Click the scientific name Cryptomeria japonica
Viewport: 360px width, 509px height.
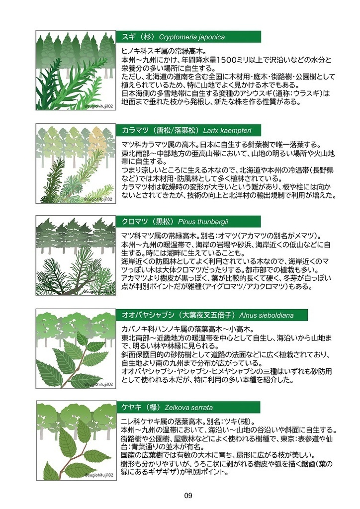[191, 37]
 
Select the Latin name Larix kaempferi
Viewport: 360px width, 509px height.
[227, 131]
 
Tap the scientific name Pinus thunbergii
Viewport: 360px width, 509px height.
[203, 222]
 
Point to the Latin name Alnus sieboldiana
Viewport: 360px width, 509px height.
[267, 315]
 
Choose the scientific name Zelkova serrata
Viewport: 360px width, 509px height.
[188, 408]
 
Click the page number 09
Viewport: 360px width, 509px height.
[188, 496]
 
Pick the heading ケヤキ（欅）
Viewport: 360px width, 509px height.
[142, 408]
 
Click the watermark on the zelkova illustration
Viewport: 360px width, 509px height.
[98, 475]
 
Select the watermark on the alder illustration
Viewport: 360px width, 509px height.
[98, 384]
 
